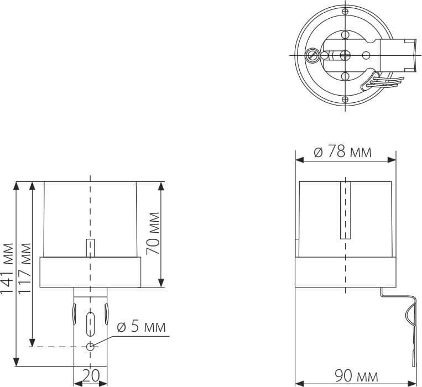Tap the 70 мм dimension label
point(153,233)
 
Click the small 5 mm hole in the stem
point(90,347)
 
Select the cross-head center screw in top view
point(345,55)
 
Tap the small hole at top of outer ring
point(345,12)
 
